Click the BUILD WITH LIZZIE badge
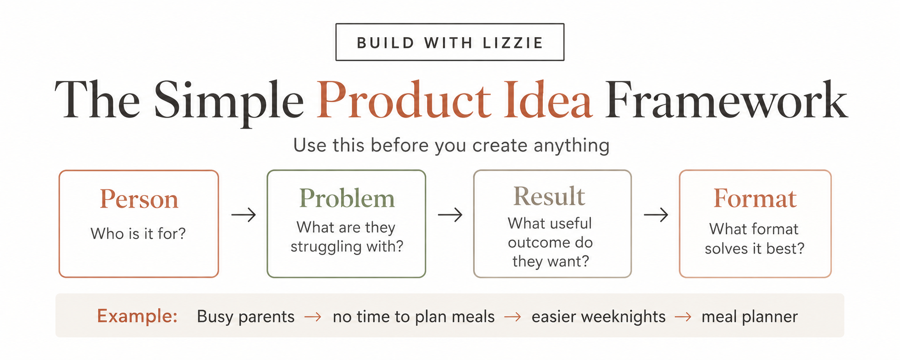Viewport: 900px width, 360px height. (x=450, y=42)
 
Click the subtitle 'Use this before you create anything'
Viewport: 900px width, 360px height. (x=451, y=146)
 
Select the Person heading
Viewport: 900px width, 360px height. (x=139, y=199)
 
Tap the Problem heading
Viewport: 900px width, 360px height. (x=347, y=199)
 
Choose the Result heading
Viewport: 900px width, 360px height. (x=549, y=196)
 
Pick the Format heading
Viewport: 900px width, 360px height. (x=755, y=198)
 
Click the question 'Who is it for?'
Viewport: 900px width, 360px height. (x=138, y=233)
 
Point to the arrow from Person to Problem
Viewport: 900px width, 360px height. (x=244, y=214)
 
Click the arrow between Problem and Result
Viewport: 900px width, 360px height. (x=450, y=214)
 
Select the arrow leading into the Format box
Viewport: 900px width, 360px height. (x=656, y=214)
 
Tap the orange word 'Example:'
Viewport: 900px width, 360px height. (x=137, y=316)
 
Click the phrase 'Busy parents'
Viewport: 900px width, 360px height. (x=246, y=317)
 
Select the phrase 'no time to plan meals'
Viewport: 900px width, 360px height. (x=413, y=317)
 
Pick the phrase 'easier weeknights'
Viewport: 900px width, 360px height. (x=599, y=317)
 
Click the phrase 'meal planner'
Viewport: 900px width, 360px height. (x=750, y=317)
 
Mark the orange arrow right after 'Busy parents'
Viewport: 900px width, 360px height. (x=313, y=317)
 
